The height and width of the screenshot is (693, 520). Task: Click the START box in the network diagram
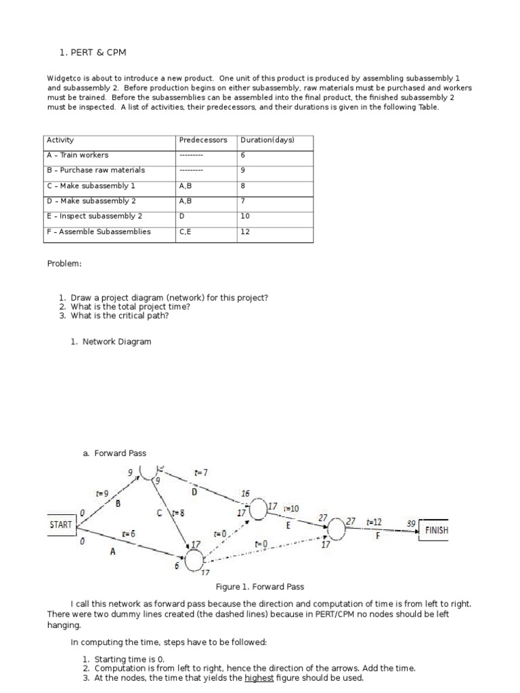click(61, 524)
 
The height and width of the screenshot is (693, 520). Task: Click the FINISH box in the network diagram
click(436, 530)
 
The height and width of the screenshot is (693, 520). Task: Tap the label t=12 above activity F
click(374, 522)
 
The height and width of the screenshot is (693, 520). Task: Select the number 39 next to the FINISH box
click(410, 524)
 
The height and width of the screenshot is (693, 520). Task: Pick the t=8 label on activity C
click(178, 513)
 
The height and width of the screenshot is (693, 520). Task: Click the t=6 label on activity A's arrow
click(128, 533)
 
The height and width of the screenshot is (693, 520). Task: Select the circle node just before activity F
click(337, 529)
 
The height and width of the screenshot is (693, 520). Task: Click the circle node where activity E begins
click(258, 508)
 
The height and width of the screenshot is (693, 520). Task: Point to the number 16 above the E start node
click(245, 494)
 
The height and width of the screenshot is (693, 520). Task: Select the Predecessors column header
click(203, 140)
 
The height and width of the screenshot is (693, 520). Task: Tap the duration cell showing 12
click(245, 231)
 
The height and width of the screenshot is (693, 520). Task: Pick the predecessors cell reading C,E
click(187, 231)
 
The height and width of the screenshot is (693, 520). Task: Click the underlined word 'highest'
click(259, 677)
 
